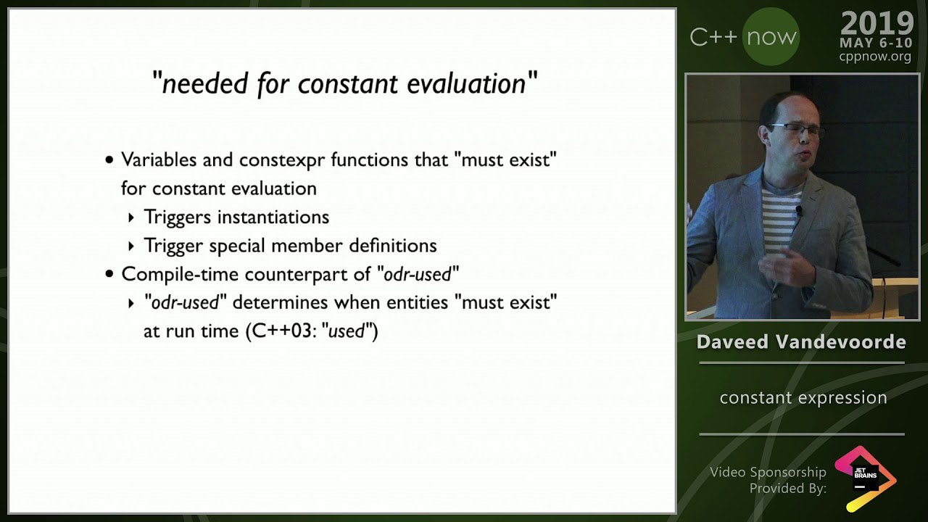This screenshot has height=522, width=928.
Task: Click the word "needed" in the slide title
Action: click(x=204, y=83)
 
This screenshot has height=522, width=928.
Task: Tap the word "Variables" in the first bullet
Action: click(x=159, y=159)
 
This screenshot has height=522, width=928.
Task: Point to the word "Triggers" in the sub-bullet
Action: click(x=178, y=217)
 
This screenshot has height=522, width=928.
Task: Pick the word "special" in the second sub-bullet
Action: click(x=236, y=246)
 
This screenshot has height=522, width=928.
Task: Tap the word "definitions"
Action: click(x=393, y=245)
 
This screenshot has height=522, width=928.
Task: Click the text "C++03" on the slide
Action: click(x=282, y=331)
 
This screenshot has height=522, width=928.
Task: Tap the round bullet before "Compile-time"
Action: click(x=109, y=274)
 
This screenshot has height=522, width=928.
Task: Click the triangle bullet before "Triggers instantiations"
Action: click(x=131, y=217)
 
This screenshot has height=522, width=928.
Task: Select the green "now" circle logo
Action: click(x=771, y=37)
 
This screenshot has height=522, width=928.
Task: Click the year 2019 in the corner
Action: click(x=877, y=24)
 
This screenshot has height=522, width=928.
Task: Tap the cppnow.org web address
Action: click(x=875, y=56)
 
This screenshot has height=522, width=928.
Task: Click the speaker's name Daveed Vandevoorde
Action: click(x=801, y=342)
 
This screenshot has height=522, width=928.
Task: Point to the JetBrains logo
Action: click(x=866, y=478)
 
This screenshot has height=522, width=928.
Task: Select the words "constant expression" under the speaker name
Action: click(x=803, y=398)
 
